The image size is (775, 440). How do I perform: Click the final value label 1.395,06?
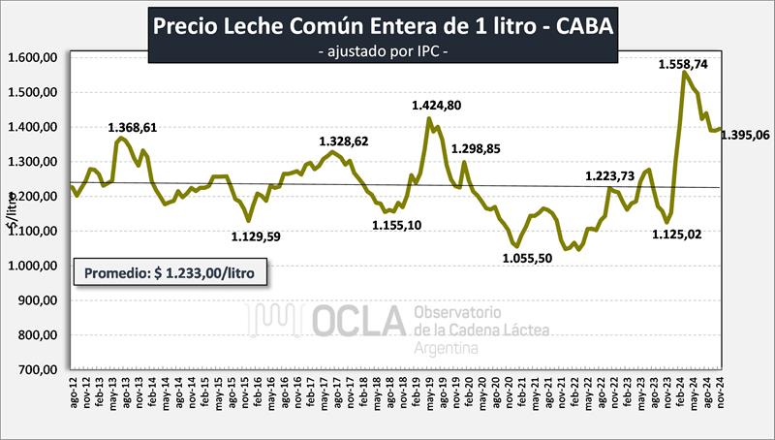pos(743,135)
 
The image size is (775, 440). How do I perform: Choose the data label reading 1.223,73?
pos(616,175)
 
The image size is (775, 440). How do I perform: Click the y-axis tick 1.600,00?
pos(34,58)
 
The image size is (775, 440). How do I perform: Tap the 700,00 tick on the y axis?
pos(38,370)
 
